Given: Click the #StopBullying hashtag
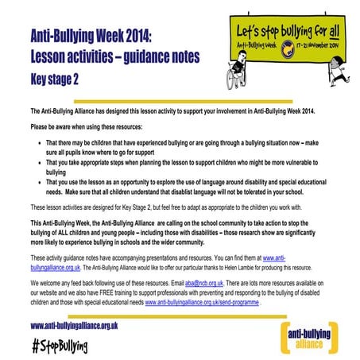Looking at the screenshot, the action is [60, 346].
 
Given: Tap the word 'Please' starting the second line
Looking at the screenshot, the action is [39, 126].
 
